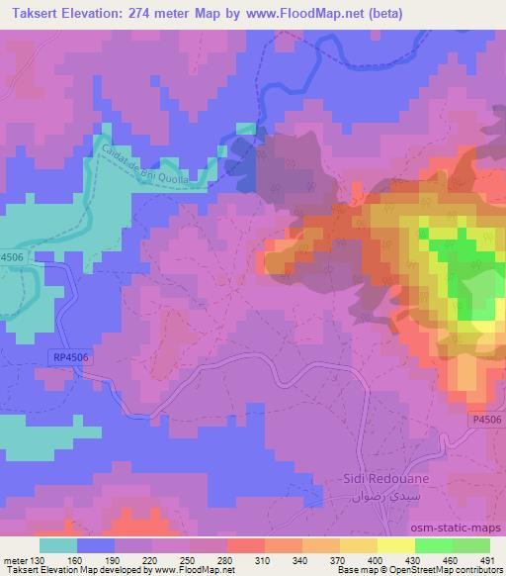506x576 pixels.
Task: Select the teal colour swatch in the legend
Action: click(58, 544)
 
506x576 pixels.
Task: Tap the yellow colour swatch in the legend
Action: click(395, 544)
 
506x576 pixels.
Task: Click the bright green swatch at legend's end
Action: click(470, 544)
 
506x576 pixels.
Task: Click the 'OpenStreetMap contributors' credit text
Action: click(450, 569)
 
